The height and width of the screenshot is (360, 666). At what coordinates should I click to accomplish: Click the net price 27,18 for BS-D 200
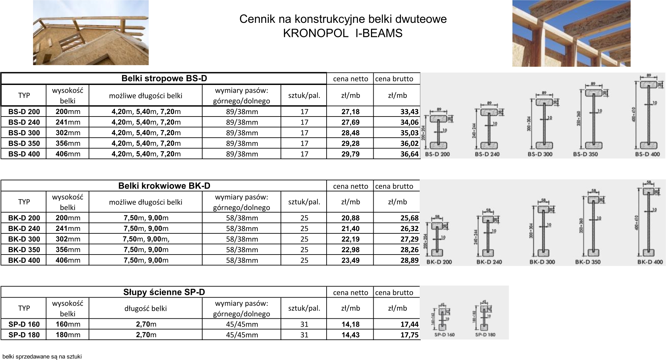pos(350,111)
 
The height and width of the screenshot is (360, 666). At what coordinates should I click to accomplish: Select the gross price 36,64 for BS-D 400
pos(409,154)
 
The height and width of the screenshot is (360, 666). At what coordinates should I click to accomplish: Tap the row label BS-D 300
pos(24,133)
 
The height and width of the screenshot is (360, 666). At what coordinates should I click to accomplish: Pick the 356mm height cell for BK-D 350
pos(68,250)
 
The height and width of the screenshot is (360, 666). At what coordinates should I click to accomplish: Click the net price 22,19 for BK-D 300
pos(350,239)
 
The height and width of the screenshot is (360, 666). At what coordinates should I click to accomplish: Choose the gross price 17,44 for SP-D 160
pos(409,324)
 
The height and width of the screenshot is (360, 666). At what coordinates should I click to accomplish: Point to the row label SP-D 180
pos(24,335)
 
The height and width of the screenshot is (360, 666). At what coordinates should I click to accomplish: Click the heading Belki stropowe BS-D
pos(164,79)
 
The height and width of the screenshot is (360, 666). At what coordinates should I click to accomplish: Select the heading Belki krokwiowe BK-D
pos(164,186)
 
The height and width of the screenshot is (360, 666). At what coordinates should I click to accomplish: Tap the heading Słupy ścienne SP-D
pos(164,292)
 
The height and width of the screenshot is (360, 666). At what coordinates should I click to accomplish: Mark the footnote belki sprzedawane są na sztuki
pos(42,357)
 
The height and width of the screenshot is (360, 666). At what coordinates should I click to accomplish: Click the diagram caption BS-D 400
pos(647,154)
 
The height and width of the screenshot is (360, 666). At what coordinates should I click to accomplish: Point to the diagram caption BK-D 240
pos(489,262)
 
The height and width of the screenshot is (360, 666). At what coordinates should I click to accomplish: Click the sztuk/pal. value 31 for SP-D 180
pos(304,335)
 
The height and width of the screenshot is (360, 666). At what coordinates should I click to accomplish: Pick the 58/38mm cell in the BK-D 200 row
pos(242,218)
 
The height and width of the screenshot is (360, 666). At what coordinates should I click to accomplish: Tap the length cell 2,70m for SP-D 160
pos(146,324)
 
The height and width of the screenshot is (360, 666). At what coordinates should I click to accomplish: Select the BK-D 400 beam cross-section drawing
pos(649,222)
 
